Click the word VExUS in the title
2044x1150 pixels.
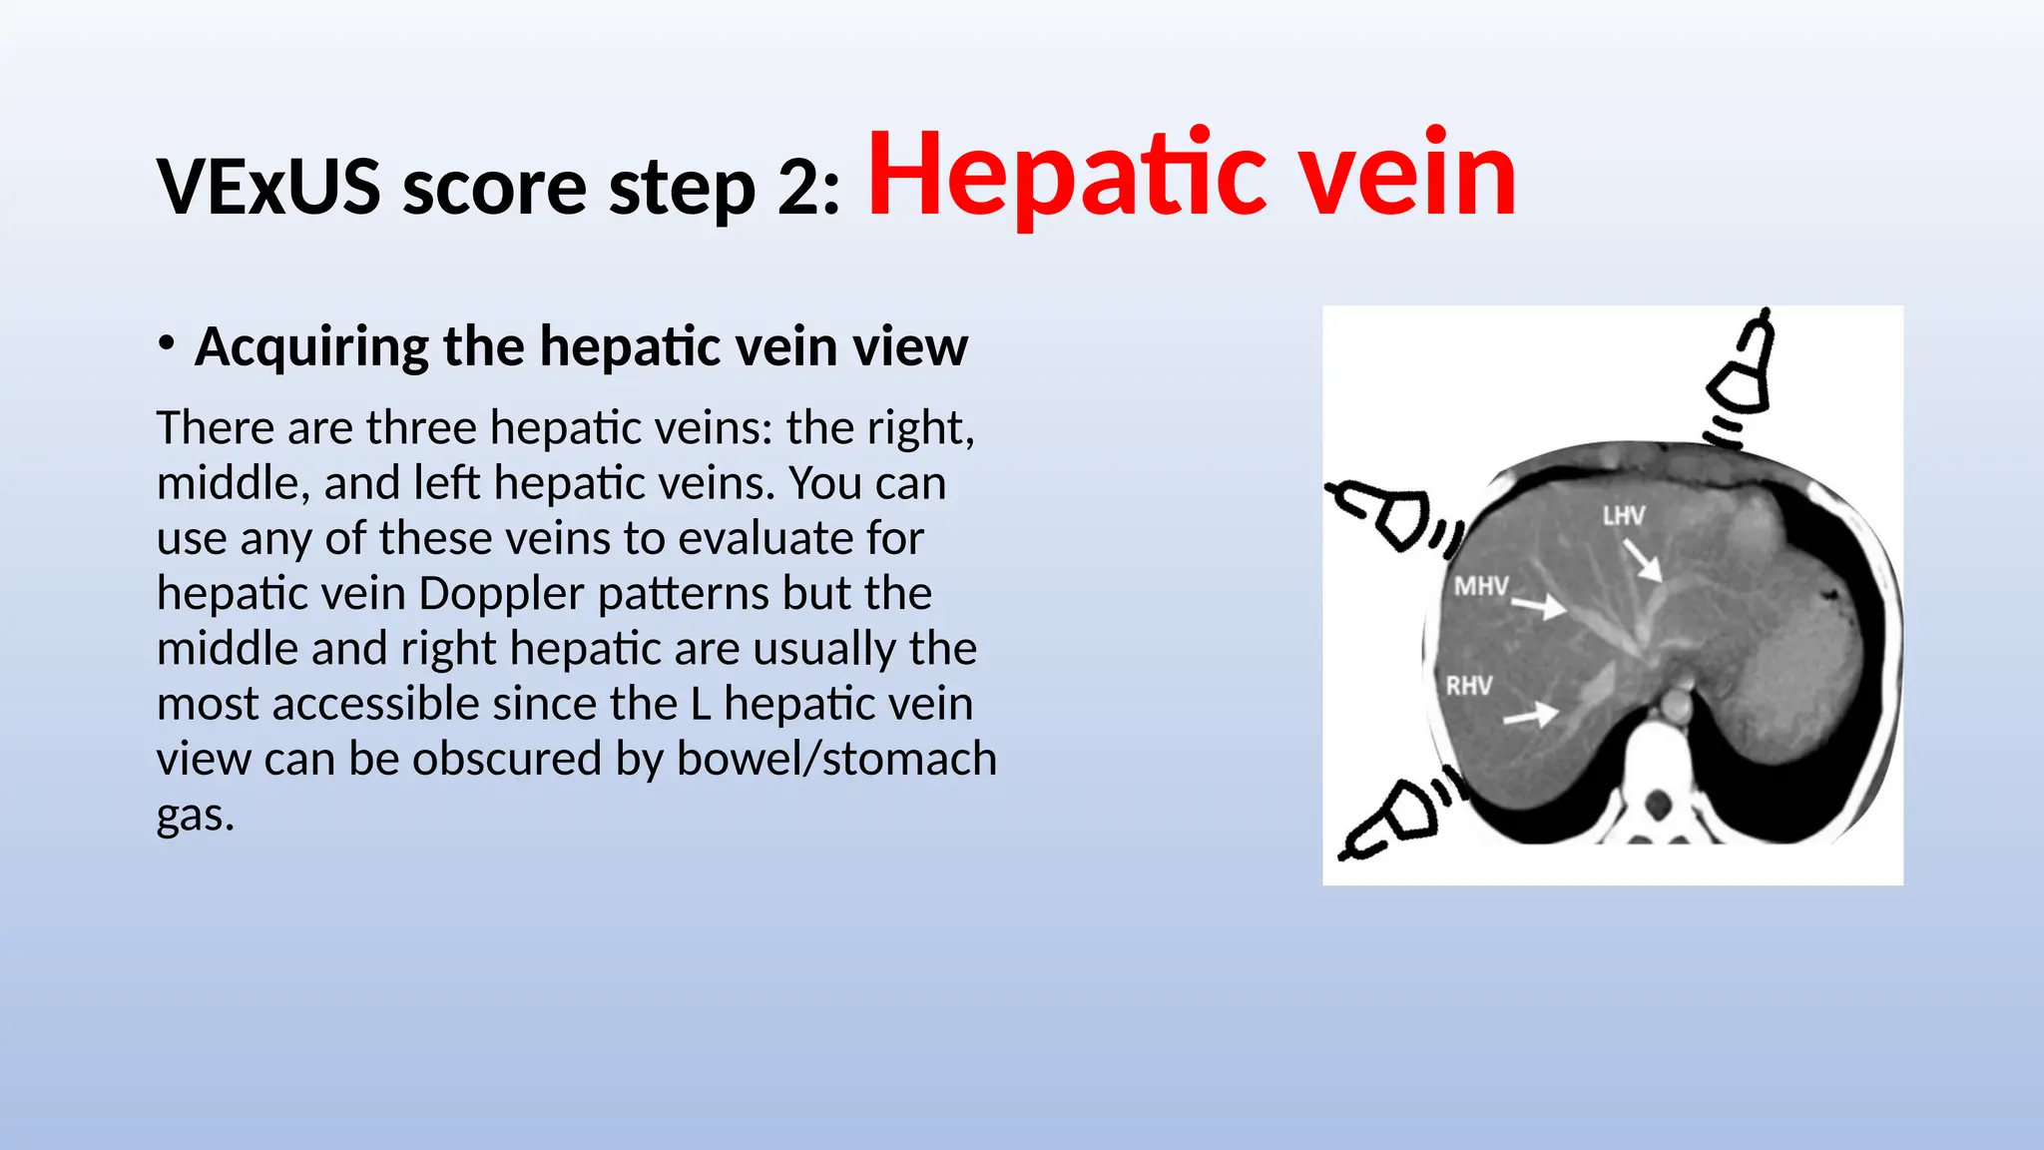click(x=268, y=187)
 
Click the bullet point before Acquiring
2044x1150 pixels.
click(x=167, y=343)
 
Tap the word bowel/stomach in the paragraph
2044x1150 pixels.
click(x=836, y=759)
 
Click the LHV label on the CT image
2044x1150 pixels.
click(x=1624, y=516)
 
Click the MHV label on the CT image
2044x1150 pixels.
click(x=1481, y=586)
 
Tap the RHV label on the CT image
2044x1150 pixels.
click(x=1469, y=686)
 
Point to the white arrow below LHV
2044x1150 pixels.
click(x=1642, y=561)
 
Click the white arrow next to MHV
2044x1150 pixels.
click(x=1539, y=605)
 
